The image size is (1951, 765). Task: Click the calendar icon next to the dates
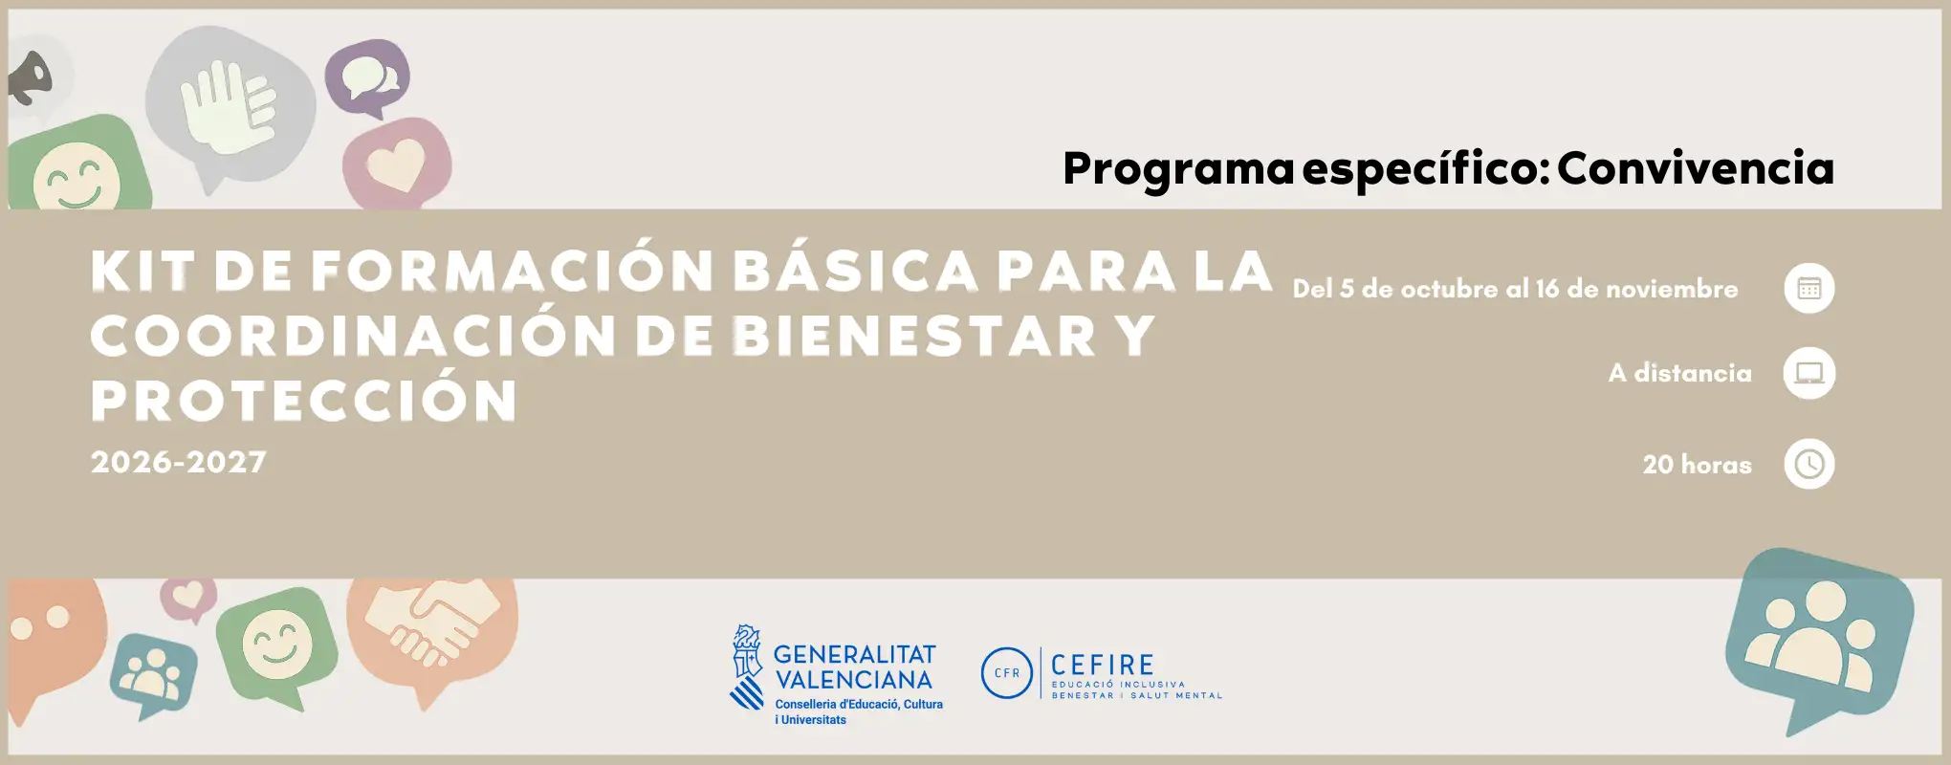click(x=1809, y=288)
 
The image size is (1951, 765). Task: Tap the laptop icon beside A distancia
click(x=1809, y=373)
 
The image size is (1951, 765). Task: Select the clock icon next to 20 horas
click(x=1809, y=464)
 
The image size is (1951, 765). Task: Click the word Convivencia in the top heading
click(x=1696, y=168)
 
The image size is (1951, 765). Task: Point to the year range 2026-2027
click(x=179, y=462)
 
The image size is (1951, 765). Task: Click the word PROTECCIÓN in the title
click(x=304, y=400)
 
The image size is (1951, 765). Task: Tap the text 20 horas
click(x=1698, y=465)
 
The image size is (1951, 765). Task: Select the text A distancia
click(x=1680, y=373)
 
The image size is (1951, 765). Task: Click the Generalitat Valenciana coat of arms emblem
click(x=747, y=667)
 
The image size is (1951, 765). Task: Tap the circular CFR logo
click(x=1007, y=672)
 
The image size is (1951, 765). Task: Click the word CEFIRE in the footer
click(x=1103, y=665)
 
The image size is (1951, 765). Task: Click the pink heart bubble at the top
click(x=397, y=163)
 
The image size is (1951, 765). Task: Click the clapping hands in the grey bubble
click(x=228, y=105)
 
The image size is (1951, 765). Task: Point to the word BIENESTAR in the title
click(x=914, y=336)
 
